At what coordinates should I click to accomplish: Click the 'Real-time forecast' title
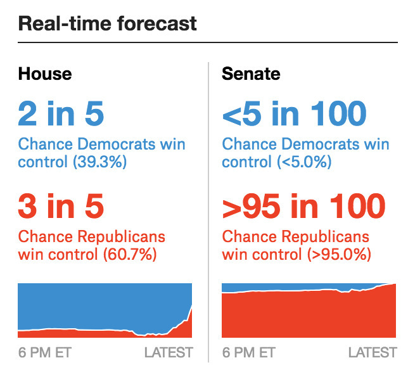click(107, 23)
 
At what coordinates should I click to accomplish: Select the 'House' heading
click(45, 74)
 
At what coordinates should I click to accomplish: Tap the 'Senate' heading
click(251, 74)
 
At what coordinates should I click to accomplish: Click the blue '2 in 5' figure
click(61, 113)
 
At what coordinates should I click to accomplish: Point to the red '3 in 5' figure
click(61, 206)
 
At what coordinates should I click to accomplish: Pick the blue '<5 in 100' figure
click(295, 113)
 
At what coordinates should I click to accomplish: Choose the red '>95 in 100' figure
click(303, 206)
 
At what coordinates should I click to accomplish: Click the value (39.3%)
click(99, 162)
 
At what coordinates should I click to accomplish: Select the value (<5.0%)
click(304, 162)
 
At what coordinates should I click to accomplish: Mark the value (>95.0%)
click(339, 254)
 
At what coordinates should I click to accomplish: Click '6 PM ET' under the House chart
click(45, 353)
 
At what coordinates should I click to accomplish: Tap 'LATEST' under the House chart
click(169, 353)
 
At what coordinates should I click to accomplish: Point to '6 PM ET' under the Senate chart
click(249, 353)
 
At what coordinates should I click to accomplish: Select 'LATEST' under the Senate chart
click(373, 353)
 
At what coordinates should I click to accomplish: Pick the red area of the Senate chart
click(309, 315)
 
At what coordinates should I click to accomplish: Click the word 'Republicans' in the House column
click(121, 236)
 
